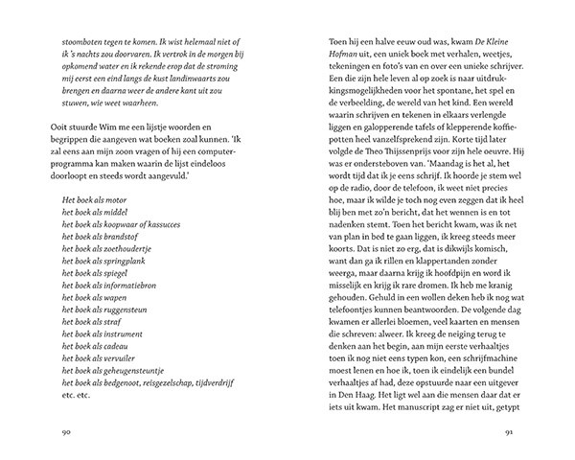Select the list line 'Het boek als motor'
tap(92, 223)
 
